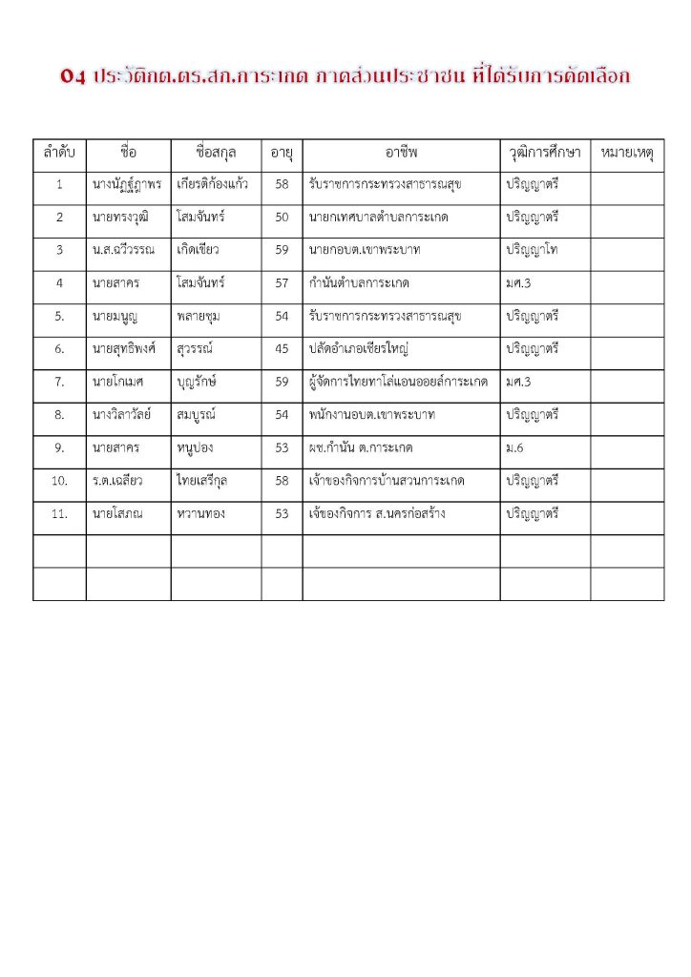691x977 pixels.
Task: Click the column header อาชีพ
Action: point(401,153)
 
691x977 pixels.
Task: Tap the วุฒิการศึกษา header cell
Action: point(544,153)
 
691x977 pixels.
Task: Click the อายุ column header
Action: point(282,153)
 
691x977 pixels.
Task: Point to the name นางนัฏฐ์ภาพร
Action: point(128,184)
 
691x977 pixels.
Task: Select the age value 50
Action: point(282,218)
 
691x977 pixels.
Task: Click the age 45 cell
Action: point(282,349)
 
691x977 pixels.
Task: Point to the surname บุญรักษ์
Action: point(199,383)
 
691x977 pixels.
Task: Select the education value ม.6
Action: point(516,448)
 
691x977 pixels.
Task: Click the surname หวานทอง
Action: point(200,514)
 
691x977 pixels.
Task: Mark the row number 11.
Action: point(59,514)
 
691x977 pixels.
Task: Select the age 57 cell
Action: point(282,283)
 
